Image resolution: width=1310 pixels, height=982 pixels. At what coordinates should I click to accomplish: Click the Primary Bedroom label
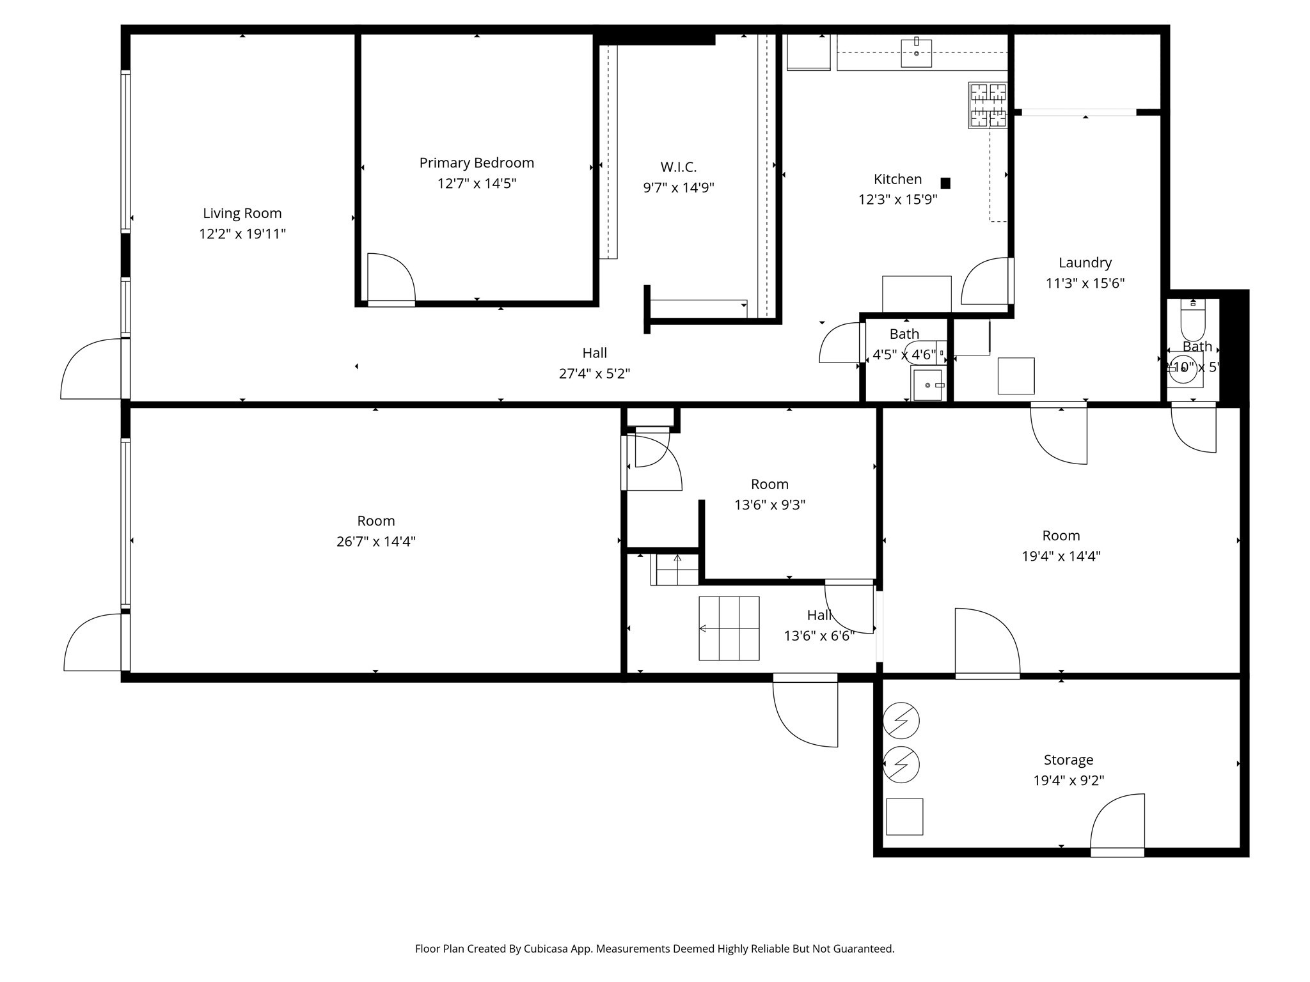pos(477,163)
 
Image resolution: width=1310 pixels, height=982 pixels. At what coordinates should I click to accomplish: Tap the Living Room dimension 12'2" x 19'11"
pos(242,234)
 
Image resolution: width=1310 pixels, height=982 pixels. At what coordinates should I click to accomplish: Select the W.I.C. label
pos(678,168)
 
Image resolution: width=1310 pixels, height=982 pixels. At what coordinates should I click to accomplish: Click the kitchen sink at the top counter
pos(916,52)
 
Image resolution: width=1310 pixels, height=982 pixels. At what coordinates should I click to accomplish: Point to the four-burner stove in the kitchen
pos(988,105)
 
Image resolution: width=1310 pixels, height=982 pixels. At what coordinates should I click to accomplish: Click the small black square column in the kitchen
pos(945,183)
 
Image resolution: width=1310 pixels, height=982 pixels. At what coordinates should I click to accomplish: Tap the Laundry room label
pos(1085,263)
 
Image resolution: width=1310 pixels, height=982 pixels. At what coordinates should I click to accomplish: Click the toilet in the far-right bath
pos(1192,320)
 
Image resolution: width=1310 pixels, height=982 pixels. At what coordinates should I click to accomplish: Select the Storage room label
pos(1068,760)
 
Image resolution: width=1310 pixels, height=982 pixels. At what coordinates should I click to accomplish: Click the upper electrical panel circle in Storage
pos(901,721)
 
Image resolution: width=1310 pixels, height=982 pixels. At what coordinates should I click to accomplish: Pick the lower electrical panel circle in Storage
pos(901,764)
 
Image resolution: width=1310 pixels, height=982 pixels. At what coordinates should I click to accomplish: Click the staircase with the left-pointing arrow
pos(729,628)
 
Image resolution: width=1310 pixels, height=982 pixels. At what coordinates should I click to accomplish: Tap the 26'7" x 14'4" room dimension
pos(376,542)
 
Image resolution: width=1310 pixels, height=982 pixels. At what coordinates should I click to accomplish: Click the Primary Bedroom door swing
pos(391,278)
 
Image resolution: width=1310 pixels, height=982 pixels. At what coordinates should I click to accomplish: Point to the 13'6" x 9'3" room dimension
pos(769,505)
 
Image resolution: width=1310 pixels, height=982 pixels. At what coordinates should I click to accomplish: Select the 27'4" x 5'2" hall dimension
pos(594,374)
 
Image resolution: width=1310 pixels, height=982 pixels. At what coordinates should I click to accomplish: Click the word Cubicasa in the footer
pos(547,949)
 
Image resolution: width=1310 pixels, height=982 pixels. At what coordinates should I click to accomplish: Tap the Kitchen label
pos(897,180)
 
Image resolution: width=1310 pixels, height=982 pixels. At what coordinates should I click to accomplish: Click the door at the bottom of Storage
pos(1117,825)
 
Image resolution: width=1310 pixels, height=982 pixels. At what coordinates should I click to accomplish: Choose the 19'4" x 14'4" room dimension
pos(1061,556)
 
